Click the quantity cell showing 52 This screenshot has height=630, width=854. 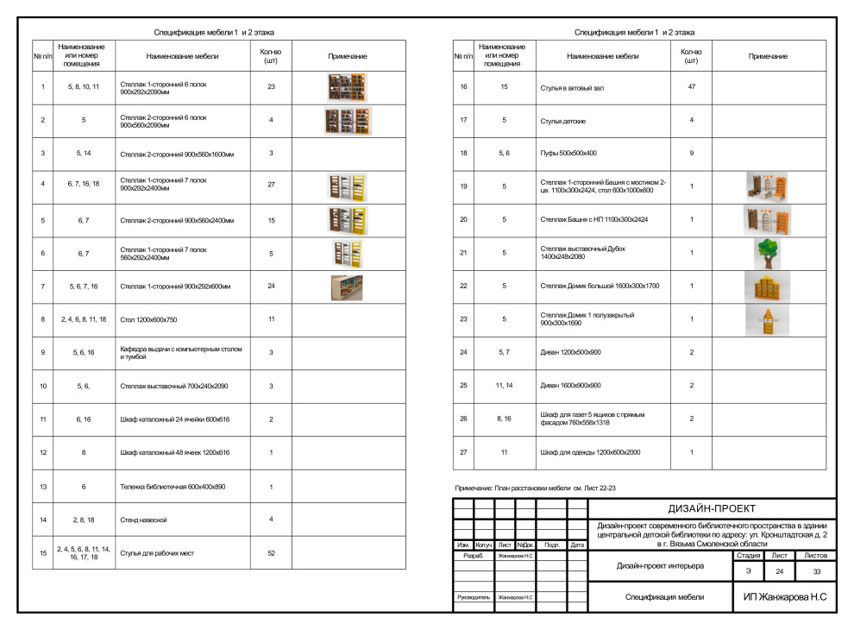(x=271, y=552)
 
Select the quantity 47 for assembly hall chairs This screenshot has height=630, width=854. (x=691, y=87)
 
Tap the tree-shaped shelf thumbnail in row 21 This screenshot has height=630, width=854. (x=767, y=253)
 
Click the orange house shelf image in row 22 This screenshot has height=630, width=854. (x=767, y=287)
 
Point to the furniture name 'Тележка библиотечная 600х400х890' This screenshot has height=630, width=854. (x=172, y=487)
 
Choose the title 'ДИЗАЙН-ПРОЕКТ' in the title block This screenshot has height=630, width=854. (x=712, y=508)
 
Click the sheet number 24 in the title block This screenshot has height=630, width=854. (x=779, y=571)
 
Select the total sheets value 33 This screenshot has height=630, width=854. (x=815, y=571)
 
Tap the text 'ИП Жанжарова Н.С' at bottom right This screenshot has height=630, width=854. (x=784, y=596)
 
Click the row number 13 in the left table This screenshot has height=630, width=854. (x=42, y=487)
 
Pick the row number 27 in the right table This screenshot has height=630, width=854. (x=463, y=451)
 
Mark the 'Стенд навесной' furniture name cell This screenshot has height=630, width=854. (x=143, y=520)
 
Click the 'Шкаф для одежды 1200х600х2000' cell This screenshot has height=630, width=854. (x=591, y=451)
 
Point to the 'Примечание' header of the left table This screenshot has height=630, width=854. (x=348, y=56)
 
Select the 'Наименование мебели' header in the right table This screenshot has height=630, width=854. (x=602, y=56)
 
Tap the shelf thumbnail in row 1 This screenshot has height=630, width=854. (x=347, y=87)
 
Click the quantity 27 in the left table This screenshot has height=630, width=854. (x=271, y=185)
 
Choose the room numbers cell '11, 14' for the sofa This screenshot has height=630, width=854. (x=505, y=385)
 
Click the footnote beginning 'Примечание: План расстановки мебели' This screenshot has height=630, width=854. (x=535, y=488)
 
